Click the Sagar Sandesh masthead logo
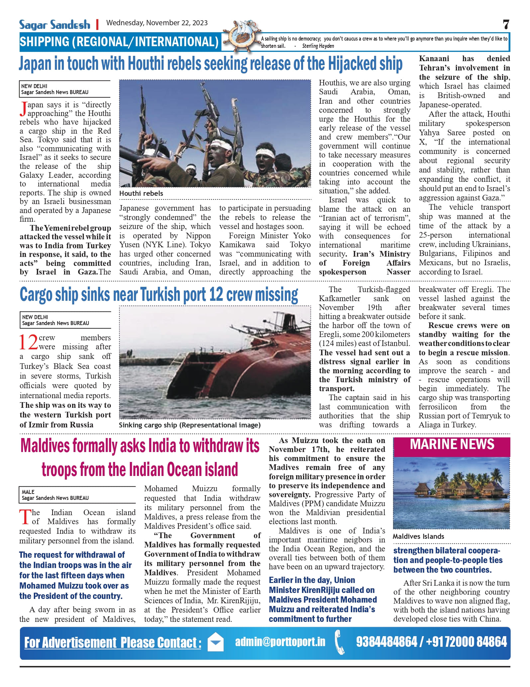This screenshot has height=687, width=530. coord(54,25)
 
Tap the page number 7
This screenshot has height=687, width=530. coord(506,25)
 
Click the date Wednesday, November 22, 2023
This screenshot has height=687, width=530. coord(157,23)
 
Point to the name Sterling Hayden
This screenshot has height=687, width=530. coord(318,46)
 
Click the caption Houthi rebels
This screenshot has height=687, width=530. coord(141,193)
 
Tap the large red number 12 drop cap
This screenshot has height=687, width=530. coord(28,342)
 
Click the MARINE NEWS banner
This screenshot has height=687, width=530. coord(452,445)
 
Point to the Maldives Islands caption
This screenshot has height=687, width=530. coord(418,536)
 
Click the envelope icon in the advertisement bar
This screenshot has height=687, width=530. coord(216,642)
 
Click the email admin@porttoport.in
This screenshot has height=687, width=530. coord(280,641)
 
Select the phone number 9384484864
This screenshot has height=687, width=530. coord(386,642)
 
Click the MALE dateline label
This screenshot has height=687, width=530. coord(28,492)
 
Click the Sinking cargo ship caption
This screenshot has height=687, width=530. coord(190,425)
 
